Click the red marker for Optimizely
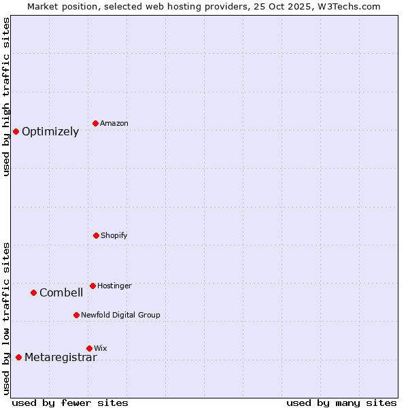click(x=16, y=131)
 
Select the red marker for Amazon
click(x=96, y=123)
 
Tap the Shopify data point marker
click(x=96, y=235)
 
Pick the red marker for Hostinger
click(x=92, y=286)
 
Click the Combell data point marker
click(x=33, y=292)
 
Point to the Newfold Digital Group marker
click(x=76, y=315)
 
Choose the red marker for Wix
click(x=89, y=348)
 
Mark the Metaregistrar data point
click(x=18, y=357)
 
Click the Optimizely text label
click(x=50, y=132)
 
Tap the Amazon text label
click(x=114, y=124)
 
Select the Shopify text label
click(x=114, y=236)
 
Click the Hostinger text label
click(x=114, y=286)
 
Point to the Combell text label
click(x=61, y=293)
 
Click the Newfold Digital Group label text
click(x=120, y=316)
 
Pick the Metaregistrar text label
click(x=61, y=358)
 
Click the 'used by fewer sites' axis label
click(x=70, y=403)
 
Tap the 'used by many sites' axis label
click(x=341, y=403)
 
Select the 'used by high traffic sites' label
click(x=7, y=97)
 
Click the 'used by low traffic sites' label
click(x=7, y=318)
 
